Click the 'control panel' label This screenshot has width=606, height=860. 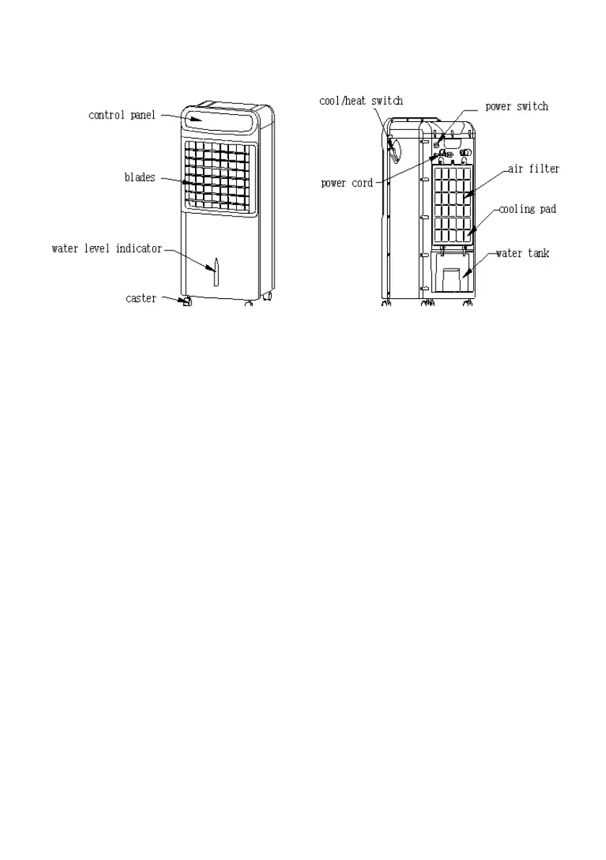[121, 115]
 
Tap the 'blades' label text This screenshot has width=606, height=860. [139, 178]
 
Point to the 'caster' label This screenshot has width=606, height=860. [140, 298]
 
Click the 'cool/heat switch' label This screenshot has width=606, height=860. [360, 101]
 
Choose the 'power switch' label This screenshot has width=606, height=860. [516, 107]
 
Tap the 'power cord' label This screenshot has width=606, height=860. [347, 183]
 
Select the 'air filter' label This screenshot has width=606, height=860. [534, 169]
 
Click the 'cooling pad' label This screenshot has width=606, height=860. [527, 209]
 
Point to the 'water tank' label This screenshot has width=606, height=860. [521, 253]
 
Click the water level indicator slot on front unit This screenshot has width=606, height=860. [215, 272]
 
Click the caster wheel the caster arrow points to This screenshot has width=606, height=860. [186, 301]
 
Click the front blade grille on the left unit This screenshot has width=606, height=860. [220, 177]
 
